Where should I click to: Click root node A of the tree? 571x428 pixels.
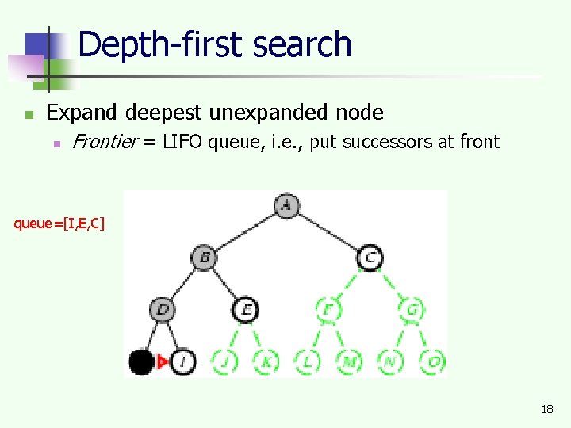(x=287, y=206)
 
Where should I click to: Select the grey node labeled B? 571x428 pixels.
(x=204, y=257)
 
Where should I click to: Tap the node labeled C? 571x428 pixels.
(x=370, y=257)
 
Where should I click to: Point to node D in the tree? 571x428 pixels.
(x=163, y=309)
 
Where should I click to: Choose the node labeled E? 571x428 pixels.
(x=246, y=309)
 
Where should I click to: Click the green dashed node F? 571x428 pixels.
(x=328, y=309)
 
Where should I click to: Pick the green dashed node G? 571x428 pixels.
(x=412, y=309)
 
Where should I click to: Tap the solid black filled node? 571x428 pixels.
(x=141, y=361)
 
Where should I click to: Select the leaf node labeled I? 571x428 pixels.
(x=182, y=361)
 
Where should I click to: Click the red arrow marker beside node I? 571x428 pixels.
(x=163, y=361)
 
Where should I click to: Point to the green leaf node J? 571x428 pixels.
(x=224, y=361)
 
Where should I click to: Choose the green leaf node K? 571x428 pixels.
(x=266, y=361)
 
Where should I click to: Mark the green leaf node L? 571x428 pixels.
(x=308, y=361)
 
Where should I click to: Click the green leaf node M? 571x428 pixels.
(x=349, y=361)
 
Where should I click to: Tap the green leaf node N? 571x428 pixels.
(x=390, y=361)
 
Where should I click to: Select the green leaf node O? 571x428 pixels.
(x=432, y=361)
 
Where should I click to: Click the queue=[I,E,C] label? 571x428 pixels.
(x=59, y=223)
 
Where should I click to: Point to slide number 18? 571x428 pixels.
(x=546, y=409)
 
